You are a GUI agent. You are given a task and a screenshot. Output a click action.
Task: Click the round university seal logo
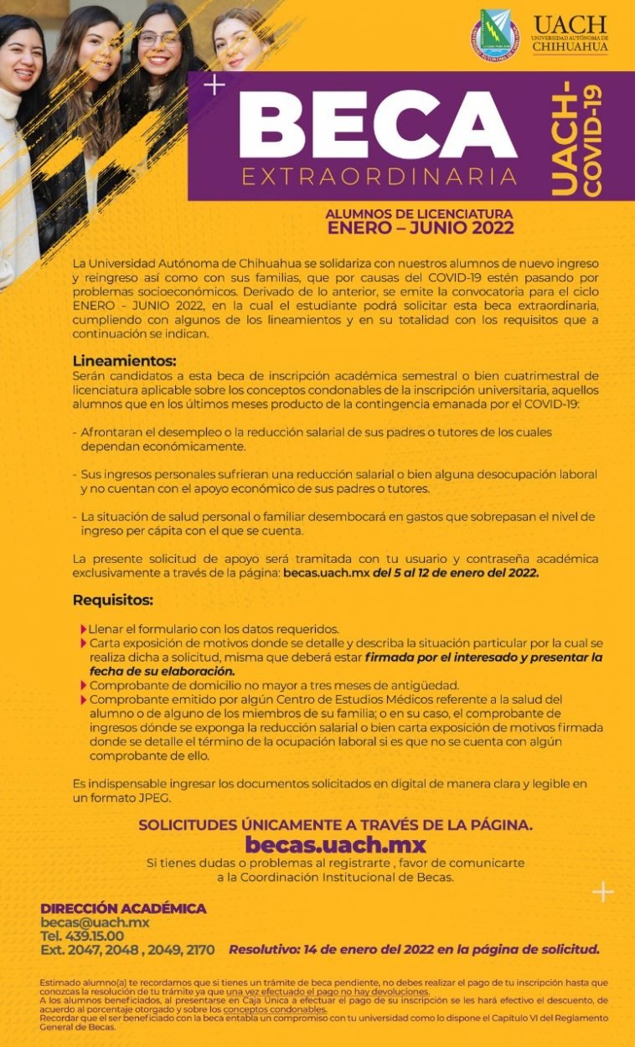click(494, 35)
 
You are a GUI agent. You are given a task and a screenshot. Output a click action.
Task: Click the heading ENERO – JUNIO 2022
click(420, 227)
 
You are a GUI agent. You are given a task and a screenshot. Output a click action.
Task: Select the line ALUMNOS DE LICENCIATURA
click(419, 214)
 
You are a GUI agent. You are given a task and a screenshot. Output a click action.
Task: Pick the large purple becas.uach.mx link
click(335, 843)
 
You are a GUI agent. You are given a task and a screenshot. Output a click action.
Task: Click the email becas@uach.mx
click(95, 922)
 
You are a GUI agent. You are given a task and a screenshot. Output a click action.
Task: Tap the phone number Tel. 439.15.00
click(82, 936)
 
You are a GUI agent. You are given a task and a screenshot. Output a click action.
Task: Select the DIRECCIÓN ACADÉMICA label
click(123, 909)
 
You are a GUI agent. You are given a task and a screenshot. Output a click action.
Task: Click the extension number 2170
click(197, 949)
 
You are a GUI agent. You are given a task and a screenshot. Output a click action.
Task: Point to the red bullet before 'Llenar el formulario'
click(84, 629)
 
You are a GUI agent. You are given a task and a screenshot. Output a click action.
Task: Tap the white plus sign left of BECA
click(214, 85)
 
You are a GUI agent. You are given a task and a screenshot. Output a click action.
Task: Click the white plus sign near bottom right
click(602, 891)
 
